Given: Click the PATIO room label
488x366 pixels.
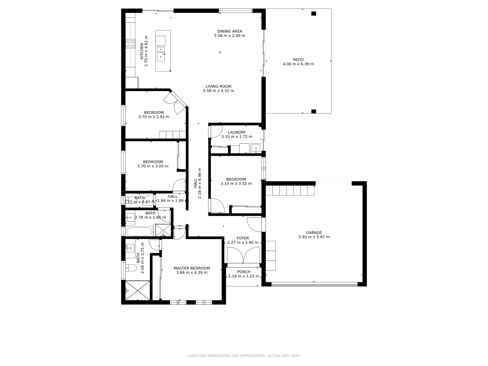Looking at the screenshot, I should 298,60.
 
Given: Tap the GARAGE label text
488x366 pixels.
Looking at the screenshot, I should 314,232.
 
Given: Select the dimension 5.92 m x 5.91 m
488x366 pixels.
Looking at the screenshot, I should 314,237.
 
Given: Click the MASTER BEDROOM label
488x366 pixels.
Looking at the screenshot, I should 191,268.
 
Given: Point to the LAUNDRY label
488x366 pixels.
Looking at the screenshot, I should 237,132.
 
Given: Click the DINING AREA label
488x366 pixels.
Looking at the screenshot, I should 229,31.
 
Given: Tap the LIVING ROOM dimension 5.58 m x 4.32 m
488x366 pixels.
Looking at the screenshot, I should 218,91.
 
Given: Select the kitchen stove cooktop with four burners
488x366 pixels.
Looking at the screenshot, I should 130,44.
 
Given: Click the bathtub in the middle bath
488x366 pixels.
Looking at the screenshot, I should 139,232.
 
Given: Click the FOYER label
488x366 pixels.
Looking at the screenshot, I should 242,238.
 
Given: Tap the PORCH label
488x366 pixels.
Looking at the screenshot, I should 244,272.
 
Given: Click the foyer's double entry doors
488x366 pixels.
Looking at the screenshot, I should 243,256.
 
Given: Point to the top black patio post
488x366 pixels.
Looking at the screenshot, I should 313,14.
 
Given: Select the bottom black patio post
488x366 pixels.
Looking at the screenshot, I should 313,111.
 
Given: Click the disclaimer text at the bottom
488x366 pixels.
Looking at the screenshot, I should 244,356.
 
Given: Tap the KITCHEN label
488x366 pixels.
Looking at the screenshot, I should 142,51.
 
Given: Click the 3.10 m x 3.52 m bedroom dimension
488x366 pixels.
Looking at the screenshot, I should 236,184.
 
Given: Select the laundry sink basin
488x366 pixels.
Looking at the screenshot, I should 256,148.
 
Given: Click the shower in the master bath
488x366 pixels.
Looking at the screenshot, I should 137,290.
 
